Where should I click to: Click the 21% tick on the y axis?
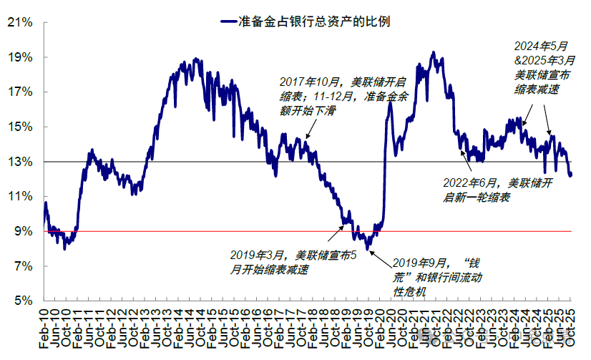tap(21, 22)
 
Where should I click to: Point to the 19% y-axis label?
tap(21, 57)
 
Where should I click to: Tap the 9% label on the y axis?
tap(24, 231)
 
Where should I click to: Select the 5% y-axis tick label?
tap(24, 301)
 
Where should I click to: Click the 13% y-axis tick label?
tap(21, 162)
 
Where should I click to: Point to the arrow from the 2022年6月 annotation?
tap(472, 165)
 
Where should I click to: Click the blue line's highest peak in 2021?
tap(432, 53)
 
